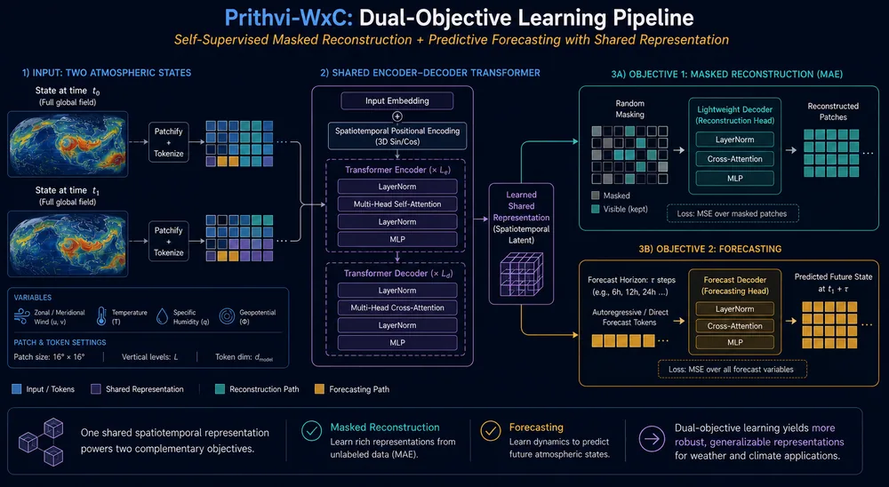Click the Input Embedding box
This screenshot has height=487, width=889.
coord(396,101)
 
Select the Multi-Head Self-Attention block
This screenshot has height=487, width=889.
coord(396,204)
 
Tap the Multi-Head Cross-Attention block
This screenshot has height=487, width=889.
coord(396,307)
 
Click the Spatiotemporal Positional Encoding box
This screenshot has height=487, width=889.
coord(396,136)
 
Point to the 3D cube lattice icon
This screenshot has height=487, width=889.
coord(521,275)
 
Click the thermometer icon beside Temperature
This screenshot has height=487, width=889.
coord(101,316)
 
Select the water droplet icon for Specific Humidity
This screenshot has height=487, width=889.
coord(162,316)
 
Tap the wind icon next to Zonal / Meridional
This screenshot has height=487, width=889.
coord(21,316)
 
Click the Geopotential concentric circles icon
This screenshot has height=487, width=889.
coord(227,316)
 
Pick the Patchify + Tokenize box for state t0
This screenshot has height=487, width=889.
coord(168,142)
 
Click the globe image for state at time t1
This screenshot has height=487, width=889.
coord(68,244)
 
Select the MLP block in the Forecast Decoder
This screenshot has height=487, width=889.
coord(735,342)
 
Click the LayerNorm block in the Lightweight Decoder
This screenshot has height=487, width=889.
coord(735,140)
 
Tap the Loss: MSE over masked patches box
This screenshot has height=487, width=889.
coord(732,214)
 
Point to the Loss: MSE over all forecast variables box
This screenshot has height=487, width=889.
coord(731,369)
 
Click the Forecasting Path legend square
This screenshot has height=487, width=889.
coord(319,389)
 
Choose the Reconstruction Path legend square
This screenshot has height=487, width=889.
coord(220,389)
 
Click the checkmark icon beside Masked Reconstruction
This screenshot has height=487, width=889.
coord(311,431)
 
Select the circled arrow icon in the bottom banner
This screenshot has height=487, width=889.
coord(652,439)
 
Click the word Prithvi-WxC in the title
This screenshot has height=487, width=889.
coord(288,18)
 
